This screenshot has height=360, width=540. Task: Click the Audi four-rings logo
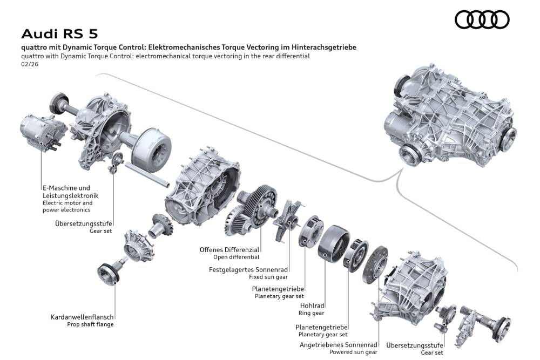click(x=482, y=21)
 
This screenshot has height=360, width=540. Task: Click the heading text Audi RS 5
click(x=59, y=34)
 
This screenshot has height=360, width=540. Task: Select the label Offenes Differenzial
click(x=230, y=250)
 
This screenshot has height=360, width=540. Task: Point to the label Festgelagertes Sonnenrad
click(x=248, y=269)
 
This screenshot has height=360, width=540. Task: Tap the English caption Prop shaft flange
click(x=90, y=324)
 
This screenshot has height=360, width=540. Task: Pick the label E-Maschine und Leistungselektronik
click(x=70, y=191)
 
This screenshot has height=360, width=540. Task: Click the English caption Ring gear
click(x=312, y=313)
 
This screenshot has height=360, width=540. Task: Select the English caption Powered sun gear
click(x=353, y=352)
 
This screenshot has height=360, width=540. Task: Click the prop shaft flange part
click(x=110, y=273)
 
